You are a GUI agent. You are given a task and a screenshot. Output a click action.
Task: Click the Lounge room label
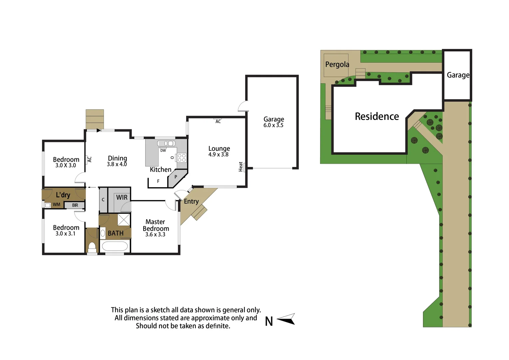coord(219,149)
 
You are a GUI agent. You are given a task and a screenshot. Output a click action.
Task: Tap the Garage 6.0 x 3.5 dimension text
coord(273,125)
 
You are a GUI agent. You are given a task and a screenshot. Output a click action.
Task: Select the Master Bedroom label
coord(156,225)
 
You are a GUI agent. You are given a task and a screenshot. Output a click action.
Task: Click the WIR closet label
coord(122,197)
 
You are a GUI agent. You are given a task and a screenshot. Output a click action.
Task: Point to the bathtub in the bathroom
coord(114,247)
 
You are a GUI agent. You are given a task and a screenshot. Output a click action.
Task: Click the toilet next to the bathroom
coord(92,247)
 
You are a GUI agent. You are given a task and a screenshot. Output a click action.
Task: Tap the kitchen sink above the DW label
coord(166,144)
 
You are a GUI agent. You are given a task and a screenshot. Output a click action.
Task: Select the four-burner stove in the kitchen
coord(182,158)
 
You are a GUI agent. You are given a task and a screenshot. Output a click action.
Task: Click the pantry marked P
coord(176,177)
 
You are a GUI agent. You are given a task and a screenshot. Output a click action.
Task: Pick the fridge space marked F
coord(158,181)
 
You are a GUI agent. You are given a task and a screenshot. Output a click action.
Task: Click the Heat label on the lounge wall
coord(241,167)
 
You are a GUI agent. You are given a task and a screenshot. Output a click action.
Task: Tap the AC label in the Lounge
coord(218,122)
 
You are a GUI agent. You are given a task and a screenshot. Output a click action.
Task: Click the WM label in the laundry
coord(56,205)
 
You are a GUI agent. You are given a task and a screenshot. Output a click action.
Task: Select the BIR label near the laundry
coord(75,205)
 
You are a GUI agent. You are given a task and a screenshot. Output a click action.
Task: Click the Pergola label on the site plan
coord(337,64)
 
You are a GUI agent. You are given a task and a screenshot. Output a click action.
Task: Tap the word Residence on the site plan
coord(377,116)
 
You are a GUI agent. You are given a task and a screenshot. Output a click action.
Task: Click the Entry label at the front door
coord(191,201)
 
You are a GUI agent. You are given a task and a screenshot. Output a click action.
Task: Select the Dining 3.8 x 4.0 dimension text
coord(117,164)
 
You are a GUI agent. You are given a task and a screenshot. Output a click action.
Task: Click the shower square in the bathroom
coord(124,220)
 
